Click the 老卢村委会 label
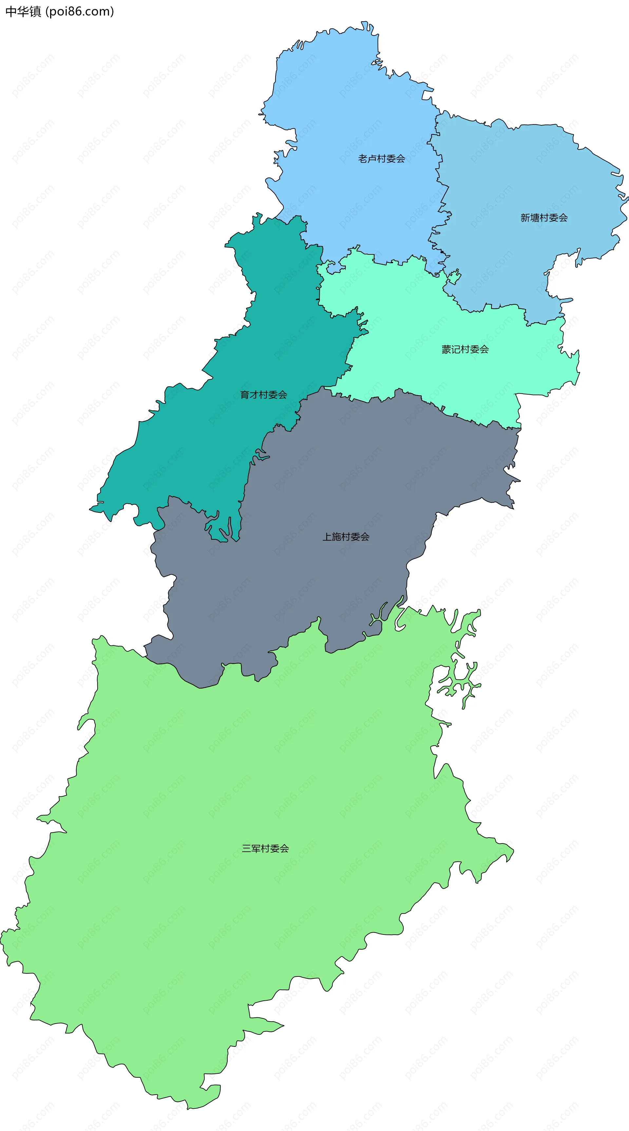click(x=381, y=158)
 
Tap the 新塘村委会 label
click(x=544, y=218)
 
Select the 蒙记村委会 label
click(x=465, y=349)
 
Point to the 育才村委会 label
click(x=263, y=395)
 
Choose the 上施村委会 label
click(x=346, y=537)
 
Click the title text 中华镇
click(x=23, y=11)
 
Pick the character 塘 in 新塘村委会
click(x=535, y=218)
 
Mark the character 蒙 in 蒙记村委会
click(x=446, y=349)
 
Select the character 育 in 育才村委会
click(x=245, y=395)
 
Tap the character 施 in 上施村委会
click(x=337, y=537)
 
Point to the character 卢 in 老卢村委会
click(x=372, y=158)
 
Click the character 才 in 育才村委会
click(x=254, y=395)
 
